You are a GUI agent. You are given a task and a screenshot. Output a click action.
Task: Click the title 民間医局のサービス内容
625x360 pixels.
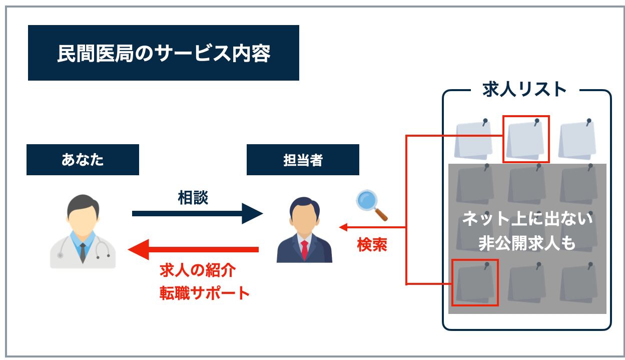(x=163, y=53)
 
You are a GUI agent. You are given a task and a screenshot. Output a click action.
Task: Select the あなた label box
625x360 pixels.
(x=83, y=160)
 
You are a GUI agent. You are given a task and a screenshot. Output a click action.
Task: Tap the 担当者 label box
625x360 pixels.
(x=303, y=160)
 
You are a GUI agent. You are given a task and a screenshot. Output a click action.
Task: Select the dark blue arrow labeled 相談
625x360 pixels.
(x=197, y=213)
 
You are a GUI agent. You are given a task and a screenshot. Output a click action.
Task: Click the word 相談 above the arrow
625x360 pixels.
(x=193, y=198)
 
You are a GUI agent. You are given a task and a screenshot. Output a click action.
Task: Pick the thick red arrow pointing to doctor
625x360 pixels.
(x=193, y=249)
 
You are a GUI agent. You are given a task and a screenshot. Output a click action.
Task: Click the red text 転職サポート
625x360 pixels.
(x=204, y=292)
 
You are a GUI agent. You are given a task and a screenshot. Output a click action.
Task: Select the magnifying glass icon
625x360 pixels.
(x=371, y=205)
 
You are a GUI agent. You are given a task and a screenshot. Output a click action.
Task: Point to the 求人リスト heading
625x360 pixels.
(x=524, y=90)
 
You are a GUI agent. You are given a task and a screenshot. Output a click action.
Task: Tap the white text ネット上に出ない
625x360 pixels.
(x=527, y=219)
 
